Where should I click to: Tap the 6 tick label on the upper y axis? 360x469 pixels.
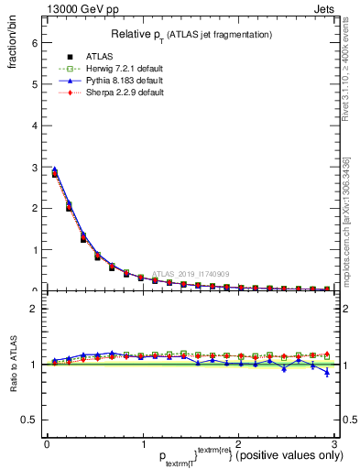coord(34,42)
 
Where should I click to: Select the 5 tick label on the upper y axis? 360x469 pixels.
coord(34,83)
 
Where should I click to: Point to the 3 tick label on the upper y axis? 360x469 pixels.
coord(34,167)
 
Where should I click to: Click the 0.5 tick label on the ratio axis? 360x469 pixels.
coord(30,420)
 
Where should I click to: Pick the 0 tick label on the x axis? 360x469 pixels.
coord(47,445)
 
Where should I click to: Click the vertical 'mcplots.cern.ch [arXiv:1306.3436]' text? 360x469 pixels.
coord(345,224)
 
